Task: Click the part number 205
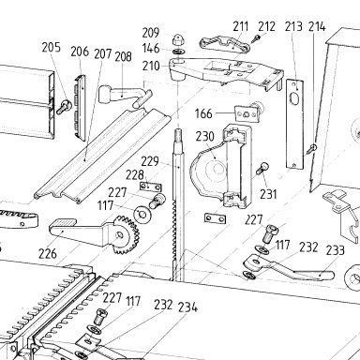pyautogui.click(x=52, y=47)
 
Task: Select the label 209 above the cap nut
pyautogui.click(x=151, y=33)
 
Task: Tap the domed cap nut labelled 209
pyautogui.click(x=178, y=39)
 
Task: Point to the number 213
pyautogui.click(x=293, y=26)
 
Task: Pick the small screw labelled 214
pyautogui.click(x=311, y=148)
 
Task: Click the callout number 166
pyautogui.click(x=203, y=113)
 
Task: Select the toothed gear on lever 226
pyautogui.click(x=125, y=234)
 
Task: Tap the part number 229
pyautogui.click(x=150, y=161)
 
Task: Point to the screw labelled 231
pyautogui.click(x=262, y=169)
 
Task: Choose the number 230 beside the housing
pyautogui.click(x=205, y=137)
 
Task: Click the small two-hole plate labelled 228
pyautogui.click(x=150, y=187)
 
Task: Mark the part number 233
pyautogui.click(x=336, y=250)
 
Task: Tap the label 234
pyautogui.click(x=187, y=307)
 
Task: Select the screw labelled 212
pyautogui.click(x=257, y=38)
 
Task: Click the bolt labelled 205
pyautogui.click(x=64, y=107)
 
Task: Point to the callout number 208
pyautogui.click(x=123, y=56)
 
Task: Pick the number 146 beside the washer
pyautogui.click(x=151, y=49)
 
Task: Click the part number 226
pyautogui.click(x=48, y=254)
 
